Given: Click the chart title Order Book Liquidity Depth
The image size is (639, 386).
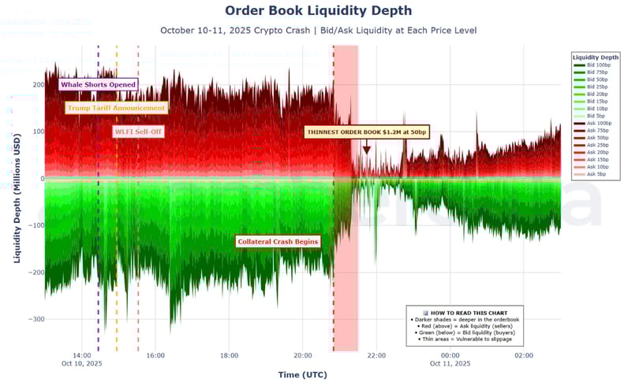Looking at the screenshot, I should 318,11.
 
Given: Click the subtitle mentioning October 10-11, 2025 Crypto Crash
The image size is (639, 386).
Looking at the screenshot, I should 318,30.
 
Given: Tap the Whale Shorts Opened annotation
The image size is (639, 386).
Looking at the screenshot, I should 99,84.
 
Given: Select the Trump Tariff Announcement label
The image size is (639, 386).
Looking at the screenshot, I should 116,108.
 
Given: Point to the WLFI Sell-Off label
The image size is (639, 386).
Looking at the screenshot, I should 139,132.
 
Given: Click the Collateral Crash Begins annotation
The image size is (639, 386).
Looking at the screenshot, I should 278,241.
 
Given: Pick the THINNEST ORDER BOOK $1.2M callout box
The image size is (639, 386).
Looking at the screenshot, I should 367,132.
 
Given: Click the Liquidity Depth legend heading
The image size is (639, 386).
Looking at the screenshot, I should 596,57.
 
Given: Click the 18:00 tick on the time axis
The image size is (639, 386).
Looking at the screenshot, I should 229,355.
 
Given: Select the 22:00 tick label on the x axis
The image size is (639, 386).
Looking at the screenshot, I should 376,355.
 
